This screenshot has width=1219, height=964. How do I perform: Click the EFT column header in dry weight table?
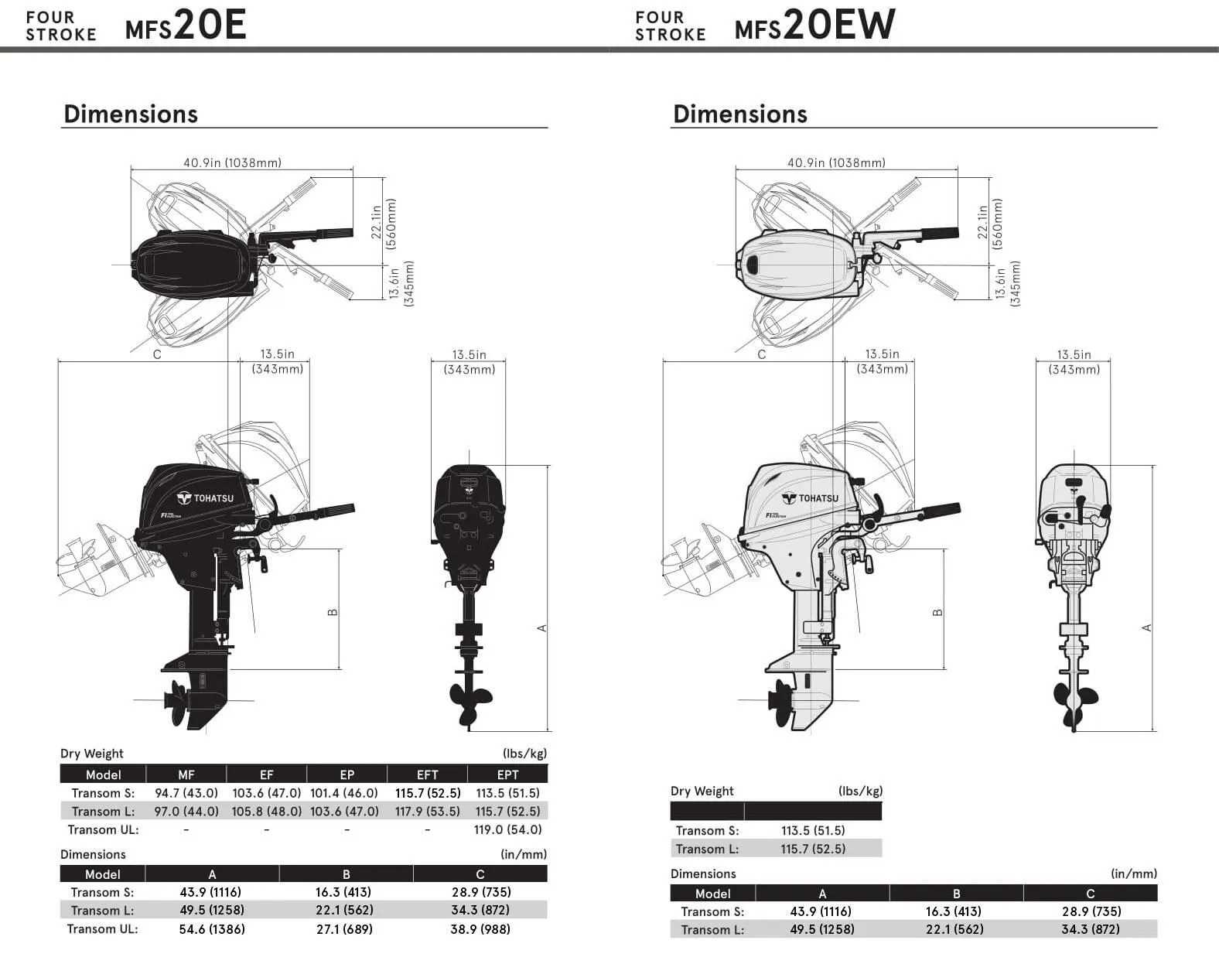(427, 774)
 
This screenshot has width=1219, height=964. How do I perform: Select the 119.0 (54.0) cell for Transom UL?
(507, 829)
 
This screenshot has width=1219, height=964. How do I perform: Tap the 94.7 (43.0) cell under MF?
(186, 793)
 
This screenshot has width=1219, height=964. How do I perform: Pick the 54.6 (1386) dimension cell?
(212, 929)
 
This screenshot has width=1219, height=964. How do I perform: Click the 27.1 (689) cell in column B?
(344, 929)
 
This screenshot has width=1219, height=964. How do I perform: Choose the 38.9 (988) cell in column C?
(480, 929)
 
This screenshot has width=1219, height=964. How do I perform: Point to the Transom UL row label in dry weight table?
(103, 829)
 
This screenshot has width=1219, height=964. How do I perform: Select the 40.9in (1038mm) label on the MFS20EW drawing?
(836, 162)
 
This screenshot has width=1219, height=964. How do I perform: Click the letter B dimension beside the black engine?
(333, 612)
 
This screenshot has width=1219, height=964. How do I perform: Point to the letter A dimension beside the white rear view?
(1147, 627)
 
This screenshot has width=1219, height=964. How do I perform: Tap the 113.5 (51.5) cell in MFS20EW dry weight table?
(812, 831)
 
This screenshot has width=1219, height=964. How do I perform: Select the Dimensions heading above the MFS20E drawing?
(131, 114)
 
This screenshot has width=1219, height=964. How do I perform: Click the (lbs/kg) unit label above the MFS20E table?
(524, 754)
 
